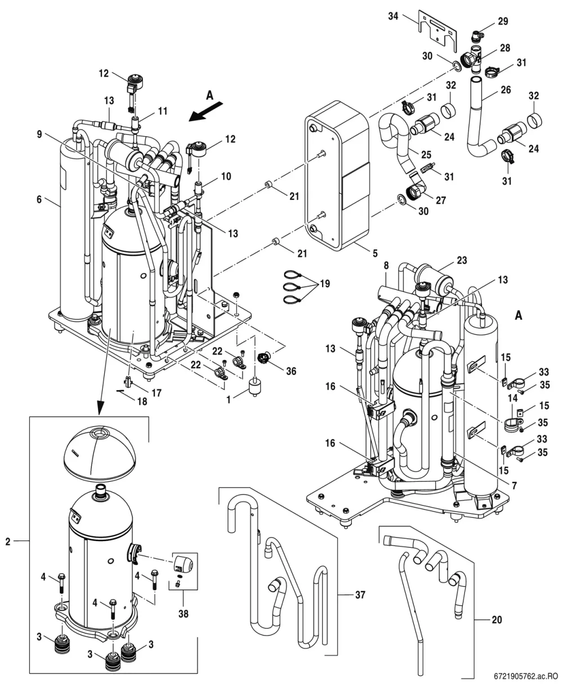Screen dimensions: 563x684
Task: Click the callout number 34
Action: coord(393,16)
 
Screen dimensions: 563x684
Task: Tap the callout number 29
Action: coord(503,21)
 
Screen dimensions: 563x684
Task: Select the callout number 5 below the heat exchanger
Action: coord(375,253)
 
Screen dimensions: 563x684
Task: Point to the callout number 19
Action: coord(325,284)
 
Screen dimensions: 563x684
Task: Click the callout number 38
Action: coord(183,614)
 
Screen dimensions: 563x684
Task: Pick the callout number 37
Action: coord(360,594)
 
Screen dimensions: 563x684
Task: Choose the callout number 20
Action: coord(497,620)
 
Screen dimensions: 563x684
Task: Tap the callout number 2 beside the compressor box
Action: coord(8,541)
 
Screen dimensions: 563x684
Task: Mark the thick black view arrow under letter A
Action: coord(206,112)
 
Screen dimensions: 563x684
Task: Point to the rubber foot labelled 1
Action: coord(254,386)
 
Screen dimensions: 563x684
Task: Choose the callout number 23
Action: coord(462,260)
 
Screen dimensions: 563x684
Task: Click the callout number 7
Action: coord(515,485)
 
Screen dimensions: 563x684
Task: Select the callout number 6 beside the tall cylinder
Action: coord(39,199)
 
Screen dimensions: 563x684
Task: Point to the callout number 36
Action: coord(291,371)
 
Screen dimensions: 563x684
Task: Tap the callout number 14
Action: coord(512,398)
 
